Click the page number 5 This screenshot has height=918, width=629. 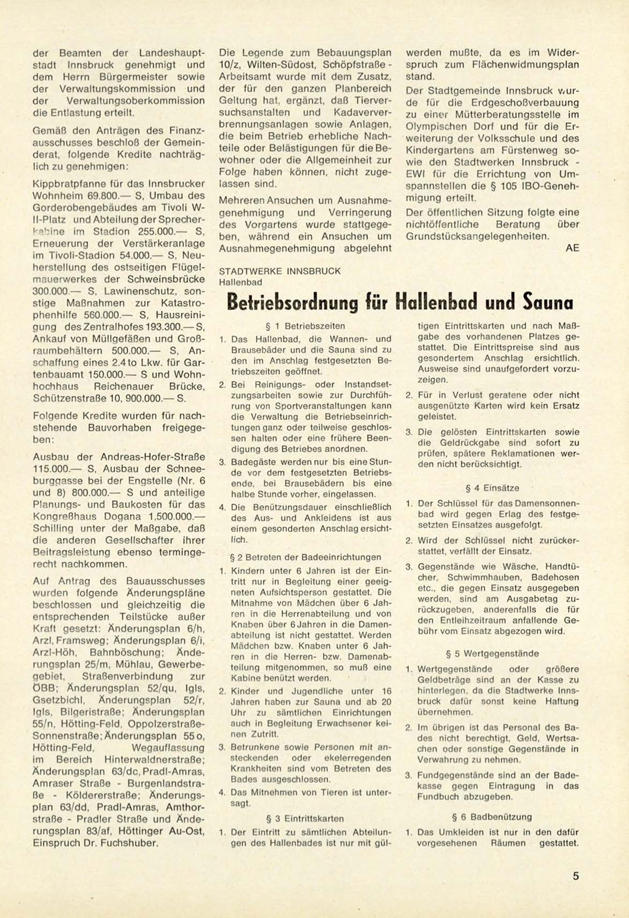tap(576, 877)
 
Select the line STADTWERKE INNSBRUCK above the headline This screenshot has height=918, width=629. tap(280, 271)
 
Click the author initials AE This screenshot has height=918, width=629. tap(572, 248)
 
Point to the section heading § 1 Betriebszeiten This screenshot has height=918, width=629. tap(306, 326)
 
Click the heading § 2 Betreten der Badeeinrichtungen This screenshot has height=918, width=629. tap(305, 557)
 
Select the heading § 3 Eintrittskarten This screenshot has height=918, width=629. tap(305, 819)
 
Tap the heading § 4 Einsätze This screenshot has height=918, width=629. tap(492, 488)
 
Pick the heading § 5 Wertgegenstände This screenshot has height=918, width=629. tap(492, 654)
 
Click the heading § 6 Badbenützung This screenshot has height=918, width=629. tap(492, 817)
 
